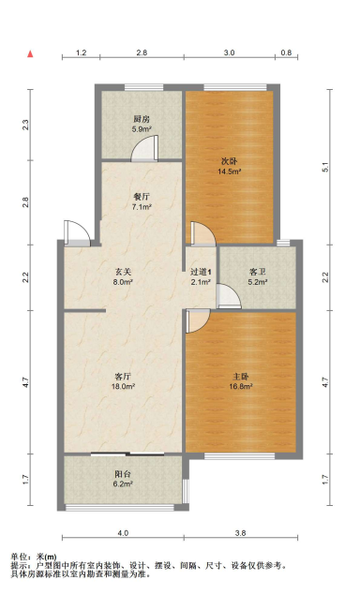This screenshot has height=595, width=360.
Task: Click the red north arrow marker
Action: (30, 54)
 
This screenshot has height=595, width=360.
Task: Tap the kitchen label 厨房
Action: (142, 120)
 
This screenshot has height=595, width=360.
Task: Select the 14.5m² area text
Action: (230, 171)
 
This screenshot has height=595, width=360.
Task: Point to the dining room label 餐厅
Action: (142, 197)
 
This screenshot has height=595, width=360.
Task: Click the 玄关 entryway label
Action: (123, 272)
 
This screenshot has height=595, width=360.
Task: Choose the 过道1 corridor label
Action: (201, 272)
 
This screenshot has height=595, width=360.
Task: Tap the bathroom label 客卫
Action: (258, 272)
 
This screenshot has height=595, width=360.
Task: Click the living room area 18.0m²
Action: (123, 387)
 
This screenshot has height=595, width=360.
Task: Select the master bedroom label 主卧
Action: (241, 377)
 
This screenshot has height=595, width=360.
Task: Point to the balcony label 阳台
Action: (123, 473)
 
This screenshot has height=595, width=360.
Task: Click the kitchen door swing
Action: (144, 148)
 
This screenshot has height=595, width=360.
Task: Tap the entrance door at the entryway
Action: (77, 233)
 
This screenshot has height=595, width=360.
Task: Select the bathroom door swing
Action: (229, 296)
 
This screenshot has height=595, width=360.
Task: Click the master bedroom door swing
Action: (198, 321)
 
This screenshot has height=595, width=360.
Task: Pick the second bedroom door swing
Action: (203, 234)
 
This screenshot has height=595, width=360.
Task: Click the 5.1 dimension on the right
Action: (325, 167)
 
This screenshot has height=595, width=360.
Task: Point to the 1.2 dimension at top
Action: (82, 52)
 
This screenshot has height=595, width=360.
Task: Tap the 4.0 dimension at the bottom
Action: (123, 533)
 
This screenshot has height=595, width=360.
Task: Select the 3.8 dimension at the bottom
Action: (240, 533)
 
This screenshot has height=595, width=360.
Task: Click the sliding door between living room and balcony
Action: (128, 454)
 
